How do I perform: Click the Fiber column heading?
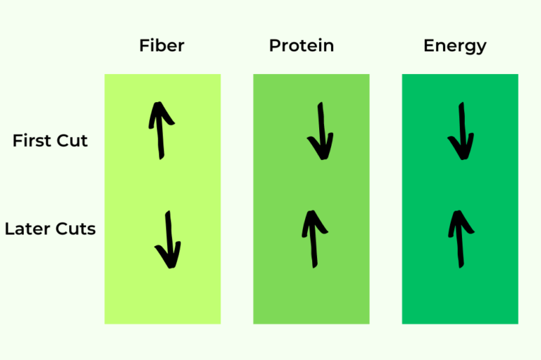click(162, 46)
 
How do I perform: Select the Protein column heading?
click(301, 46)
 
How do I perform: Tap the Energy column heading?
click(455, 46)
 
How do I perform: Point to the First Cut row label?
click(50, 141)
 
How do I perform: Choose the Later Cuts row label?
click(50, 229)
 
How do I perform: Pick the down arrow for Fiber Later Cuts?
click(168, 240)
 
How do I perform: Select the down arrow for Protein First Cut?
click(321, 131)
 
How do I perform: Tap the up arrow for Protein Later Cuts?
click(311, 239)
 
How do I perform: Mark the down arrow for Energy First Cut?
click(461, 131)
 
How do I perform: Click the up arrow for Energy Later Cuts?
click(460, 238)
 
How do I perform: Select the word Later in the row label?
click(26, 229)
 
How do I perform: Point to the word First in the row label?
click(32, 141)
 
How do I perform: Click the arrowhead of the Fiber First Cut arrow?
click(161, 113)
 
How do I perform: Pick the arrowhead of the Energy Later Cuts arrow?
click(459, 221)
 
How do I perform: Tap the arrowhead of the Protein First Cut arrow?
click(321, 149)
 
